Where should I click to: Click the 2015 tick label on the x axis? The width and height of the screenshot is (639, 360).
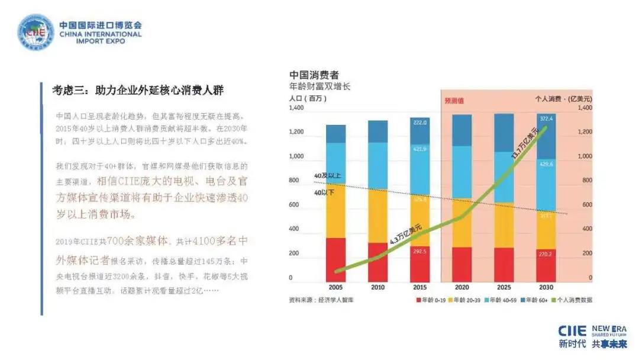419,287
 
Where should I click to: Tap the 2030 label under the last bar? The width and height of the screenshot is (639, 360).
546,287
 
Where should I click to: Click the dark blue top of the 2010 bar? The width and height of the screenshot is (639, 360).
377,131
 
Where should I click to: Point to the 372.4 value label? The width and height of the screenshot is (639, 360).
546,118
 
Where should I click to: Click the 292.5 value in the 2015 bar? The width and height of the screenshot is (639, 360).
419,251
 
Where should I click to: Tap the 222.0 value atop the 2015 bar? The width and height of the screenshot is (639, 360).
419,122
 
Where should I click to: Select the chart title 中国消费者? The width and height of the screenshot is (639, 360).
314,76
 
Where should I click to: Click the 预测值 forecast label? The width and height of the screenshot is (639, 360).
454,101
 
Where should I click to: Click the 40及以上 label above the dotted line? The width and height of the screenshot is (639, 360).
328,176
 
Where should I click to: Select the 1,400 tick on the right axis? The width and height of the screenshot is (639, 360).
583,109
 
